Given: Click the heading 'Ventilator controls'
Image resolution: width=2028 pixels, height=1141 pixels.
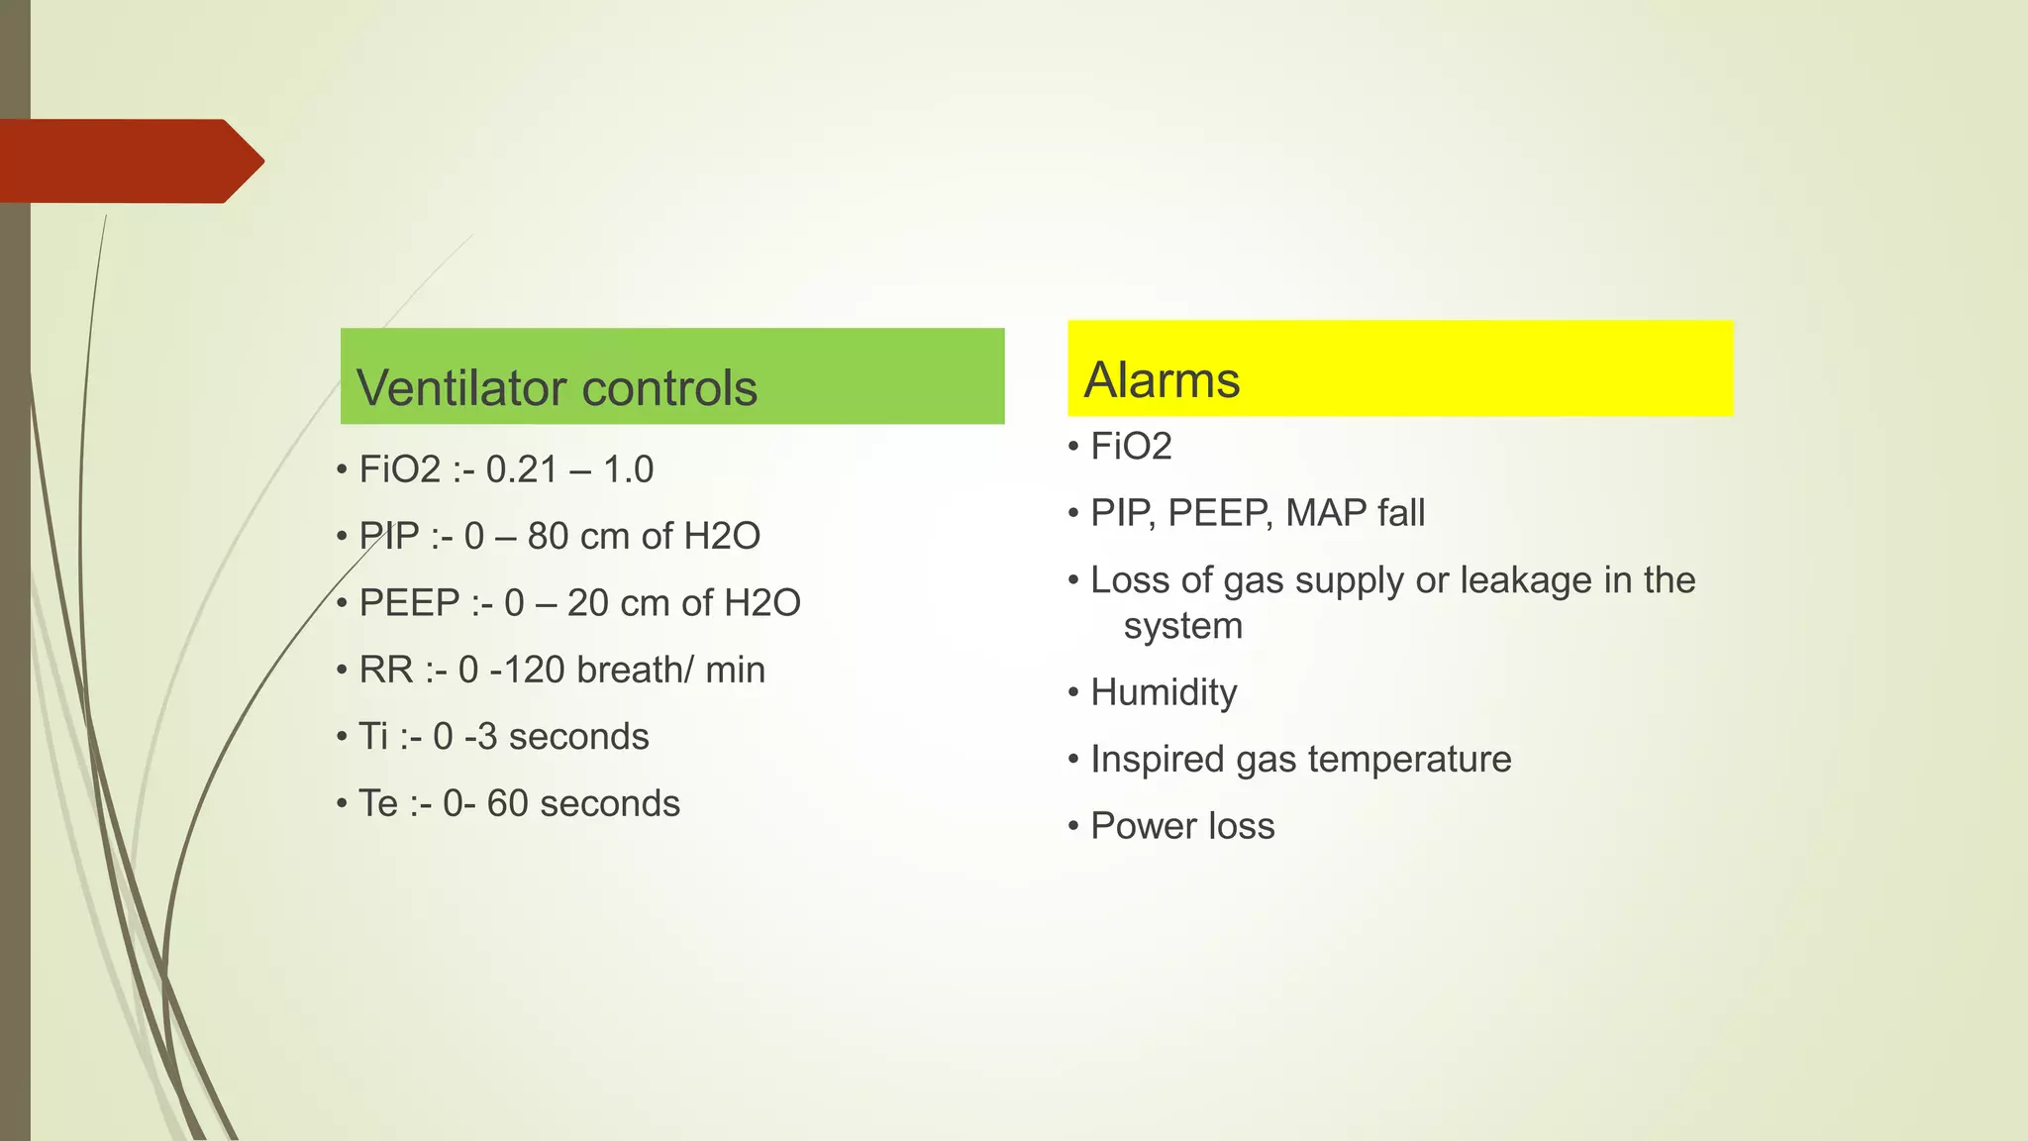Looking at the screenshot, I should [x=557, y=387].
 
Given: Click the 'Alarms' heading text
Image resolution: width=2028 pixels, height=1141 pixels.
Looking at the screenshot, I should [x=1162, y=380].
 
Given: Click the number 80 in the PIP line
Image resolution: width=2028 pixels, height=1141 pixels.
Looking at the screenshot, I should [x=548, y=536].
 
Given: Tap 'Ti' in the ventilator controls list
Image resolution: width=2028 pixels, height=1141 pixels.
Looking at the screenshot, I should [x=373, y=737].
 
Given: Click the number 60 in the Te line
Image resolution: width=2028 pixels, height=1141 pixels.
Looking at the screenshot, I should [x=507, y=803].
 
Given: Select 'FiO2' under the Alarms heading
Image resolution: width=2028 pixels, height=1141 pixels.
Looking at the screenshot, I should [x=1131, y=447].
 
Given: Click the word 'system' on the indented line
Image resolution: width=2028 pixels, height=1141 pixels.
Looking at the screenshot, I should [x=1182, y=626].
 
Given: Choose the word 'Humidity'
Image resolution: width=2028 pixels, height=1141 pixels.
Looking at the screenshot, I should [x=1164, y=692].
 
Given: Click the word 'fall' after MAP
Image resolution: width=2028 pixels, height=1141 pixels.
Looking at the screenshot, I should [x=1399, y=513].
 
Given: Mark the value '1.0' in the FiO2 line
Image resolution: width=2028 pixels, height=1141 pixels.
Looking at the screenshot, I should [x=628, y=469].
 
